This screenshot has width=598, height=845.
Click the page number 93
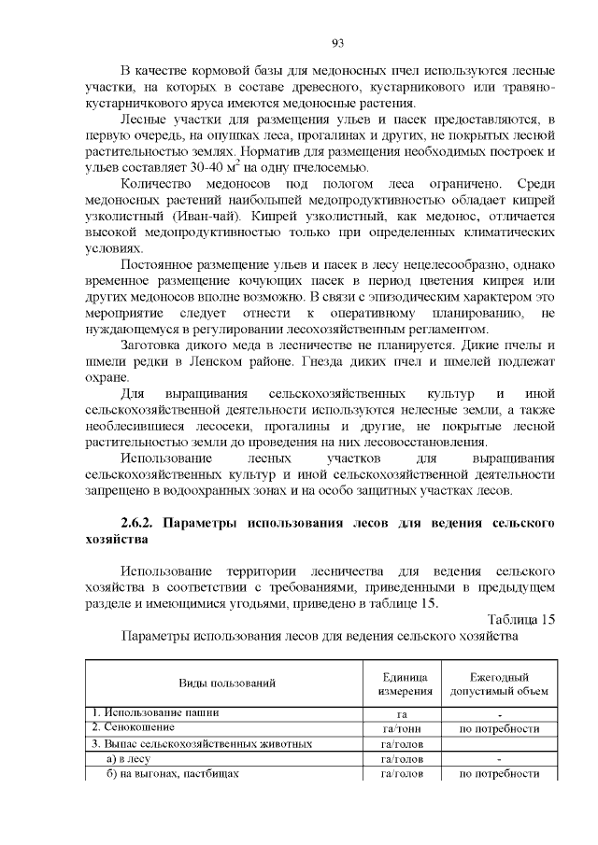click(338, 42)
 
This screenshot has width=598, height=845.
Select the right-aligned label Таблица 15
click(521, 618)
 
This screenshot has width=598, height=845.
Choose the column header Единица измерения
click(405, 683)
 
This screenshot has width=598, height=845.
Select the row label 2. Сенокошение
click(129, 728)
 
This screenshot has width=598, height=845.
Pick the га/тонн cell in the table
click(405, 728)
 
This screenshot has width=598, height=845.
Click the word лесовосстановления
click(426, 442)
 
